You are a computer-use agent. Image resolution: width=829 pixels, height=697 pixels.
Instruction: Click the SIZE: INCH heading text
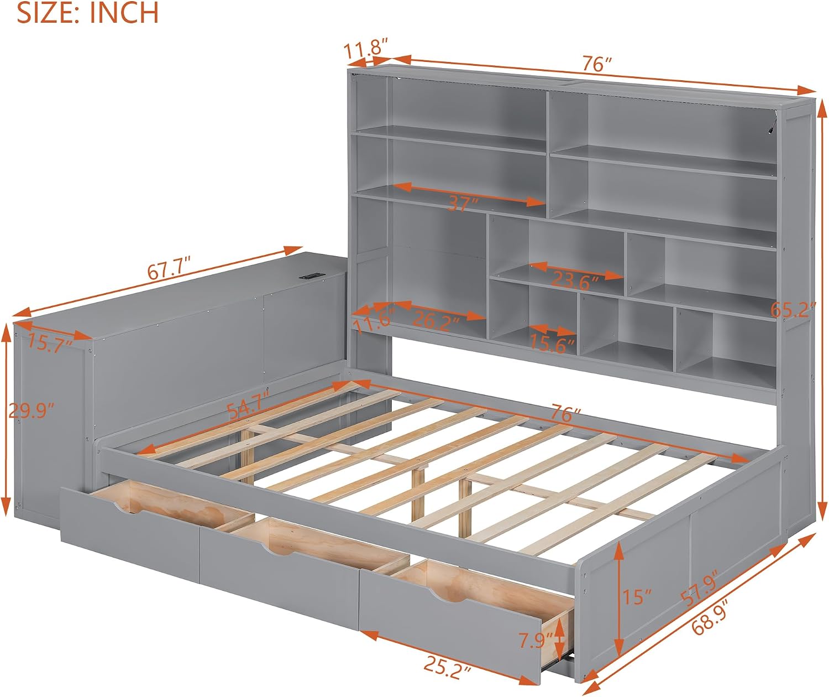click(x=88, y=12)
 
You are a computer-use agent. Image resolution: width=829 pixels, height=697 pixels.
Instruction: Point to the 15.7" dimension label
click(x=50, y=344)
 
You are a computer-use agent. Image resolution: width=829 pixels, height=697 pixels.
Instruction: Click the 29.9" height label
click(x=31, y=410)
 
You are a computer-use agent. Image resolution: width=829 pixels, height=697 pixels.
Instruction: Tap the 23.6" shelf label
click(x=575, y=282)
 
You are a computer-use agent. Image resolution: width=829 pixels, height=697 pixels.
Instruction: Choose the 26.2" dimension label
click(x=436, y=320)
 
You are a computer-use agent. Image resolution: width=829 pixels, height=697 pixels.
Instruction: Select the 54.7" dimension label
click(x=248, y=405)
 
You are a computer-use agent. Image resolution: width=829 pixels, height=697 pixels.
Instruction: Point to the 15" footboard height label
click(x=637, y=597)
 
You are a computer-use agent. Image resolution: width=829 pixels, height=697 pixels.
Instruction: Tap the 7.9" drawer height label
click(x=536, y=641)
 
